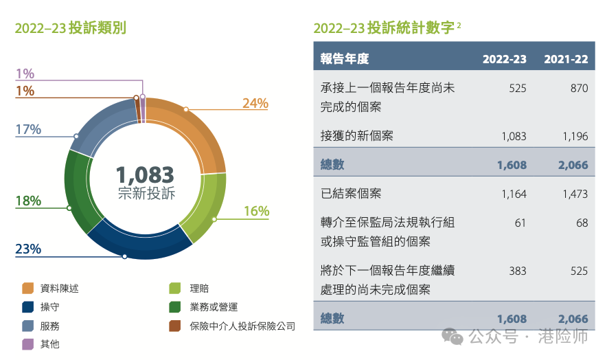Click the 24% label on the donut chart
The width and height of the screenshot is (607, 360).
(255, 104)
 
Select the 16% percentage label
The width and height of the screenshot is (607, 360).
(256, 212)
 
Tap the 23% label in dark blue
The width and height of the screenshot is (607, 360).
(28, 249)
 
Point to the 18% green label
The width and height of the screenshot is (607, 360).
(28, 201)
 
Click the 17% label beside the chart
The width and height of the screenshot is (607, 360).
(28, 129)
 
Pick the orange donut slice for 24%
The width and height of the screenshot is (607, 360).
(196, 131)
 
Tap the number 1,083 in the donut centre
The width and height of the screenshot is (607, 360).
(145, 175)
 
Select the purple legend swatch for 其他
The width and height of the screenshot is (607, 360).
(28, 344)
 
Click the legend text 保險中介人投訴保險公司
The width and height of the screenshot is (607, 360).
(242, 326)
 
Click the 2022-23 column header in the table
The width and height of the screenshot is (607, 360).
(504, 59)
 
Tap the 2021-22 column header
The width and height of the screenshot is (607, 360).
(566, 59)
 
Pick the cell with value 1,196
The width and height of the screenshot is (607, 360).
(575, 136)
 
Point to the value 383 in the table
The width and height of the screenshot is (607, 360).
(517, 271)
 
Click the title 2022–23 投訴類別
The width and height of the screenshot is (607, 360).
(70, 28)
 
